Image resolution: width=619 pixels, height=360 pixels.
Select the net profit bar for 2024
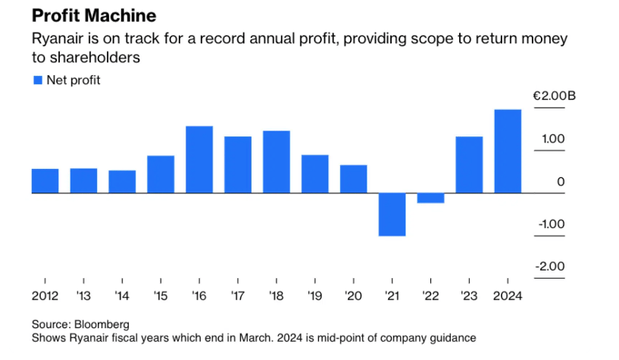(x=508, y=152)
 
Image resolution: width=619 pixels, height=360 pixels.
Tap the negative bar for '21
(x=392, y=214)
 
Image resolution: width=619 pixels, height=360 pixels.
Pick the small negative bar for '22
(x=430, y=199)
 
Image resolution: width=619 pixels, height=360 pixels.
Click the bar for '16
(x=199, y=160)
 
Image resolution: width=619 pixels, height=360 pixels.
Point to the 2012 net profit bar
(x=45, y=181)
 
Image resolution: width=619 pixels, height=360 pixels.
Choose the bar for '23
(x=469, y=165)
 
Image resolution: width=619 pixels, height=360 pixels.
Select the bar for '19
(x=315, y=174)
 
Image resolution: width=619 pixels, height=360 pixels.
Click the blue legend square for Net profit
(x=36, y=80)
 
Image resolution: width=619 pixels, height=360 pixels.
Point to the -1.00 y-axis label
(x=551, y=224)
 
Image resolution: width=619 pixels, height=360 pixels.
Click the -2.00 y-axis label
(x=551, y=266)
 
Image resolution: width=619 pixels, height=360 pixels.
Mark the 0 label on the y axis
(x=561, y=181)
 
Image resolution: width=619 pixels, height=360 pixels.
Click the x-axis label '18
(x=277, y=296)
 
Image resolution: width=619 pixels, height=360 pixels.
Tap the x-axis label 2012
(x=45, y=296)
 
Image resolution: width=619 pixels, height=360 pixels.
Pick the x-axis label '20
(x=354, y=296)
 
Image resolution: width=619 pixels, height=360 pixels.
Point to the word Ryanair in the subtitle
(x=55, y=39)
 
